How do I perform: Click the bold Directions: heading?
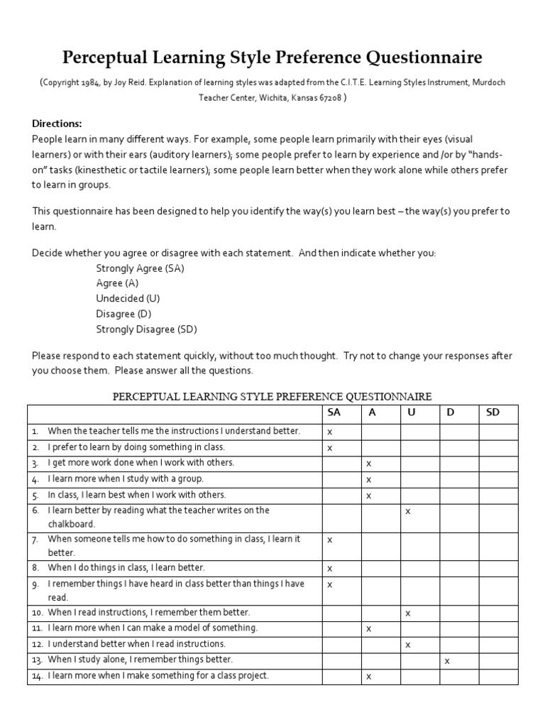pos(57,123)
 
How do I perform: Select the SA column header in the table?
pos(334,412)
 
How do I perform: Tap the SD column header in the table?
pos(492,412)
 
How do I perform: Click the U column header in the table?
pos(411,412)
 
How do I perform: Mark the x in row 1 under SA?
pos(329,432)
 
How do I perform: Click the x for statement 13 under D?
pos(446,661)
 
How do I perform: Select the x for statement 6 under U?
pos(407,511)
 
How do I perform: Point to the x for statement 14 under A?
pos(368,677)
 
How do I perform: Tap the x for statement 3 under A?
pos(368,464)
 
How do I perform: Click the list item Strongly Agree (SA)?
pos(140,268)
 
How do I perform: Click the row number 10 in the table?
pos(36,612)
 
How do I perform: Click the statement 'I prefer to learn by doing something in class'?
pos(136,447)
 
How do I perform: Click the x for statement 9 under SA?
pos(329,584)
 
